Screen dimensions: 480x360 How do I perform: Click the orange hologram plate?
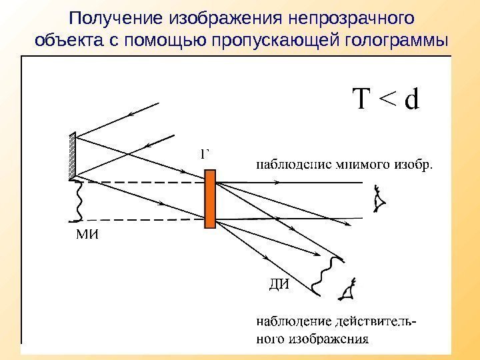tap(210, 199)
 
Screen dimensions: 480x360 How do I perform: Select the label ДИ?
tap(279, 285)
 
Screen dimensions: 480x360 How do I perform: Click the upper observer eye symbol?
tap(381, 199)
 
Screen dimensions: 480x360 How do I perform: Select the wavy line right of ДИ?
tap(322, 274)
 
